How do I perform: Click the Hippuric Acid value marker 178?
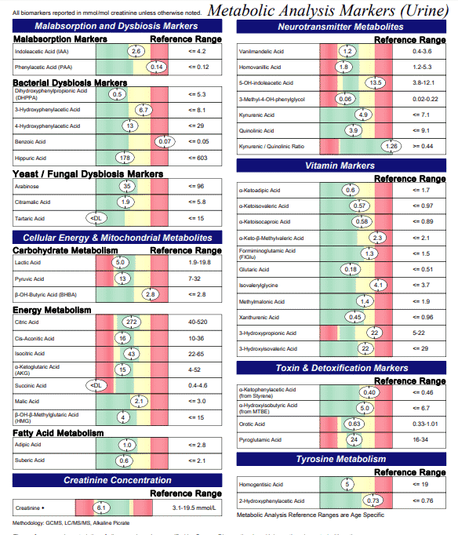[x=123, y=158]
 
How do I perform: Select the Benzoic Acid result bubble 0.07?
[x=164, y=141]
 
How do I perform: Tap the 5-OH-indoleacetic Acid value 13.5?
[x=375, y=83]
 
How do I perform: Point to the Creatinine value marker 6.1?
[x=102, y=508]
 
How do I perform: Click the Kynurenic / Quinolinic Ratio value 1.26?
[x=391, y=147]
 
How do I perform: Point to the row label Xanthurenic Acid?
[x=259, y=317]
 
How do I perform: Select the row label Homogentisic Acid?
[x=261, y=485]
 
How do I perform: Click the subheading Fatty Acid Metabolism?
[x=58, y=432]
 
